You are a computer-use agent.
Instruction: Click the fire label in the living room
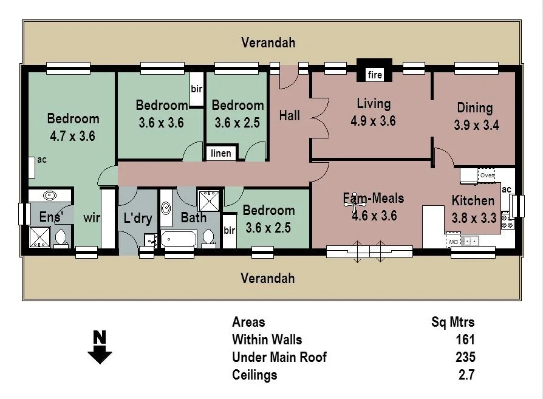(375, 75)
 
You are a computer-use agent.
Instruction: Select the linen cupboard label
(221, 153)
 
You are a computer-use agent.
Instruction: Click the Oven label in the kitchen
(487, 176)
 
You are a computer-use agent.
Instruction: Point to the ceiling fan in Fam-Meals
(353, 204)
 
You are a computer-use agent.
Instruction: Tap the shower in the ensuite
(40, 236)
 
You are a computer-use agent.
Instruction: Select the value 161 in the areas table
(465, 339)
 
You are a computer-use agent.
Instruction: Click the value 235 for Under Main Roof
(465, 357)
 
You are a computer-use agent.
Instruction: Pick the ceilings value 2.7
(466, 375)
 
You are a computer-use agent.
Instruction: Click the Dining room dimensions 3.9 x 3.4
(476, 126)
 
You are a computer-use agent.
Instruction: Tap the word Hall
(290, 115)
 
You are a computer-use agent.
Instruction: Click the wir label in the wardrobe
(92, 217)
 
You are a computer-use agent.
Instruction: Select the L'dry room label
(137, 218)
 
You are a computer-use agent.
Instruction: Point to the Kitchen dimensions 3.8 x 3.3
(474, 217)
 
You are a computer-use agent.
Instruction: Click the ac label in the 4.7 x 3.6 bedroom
(42, 160)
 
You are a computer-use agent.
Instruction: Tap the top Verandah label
(268, 43)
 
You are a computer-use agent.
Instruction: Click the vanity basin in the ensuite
(49, 196)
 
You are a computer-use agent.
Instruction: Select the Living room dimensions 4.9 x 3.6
(373, 121)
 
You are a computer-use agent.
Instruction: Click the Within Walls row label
(267, 339)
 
